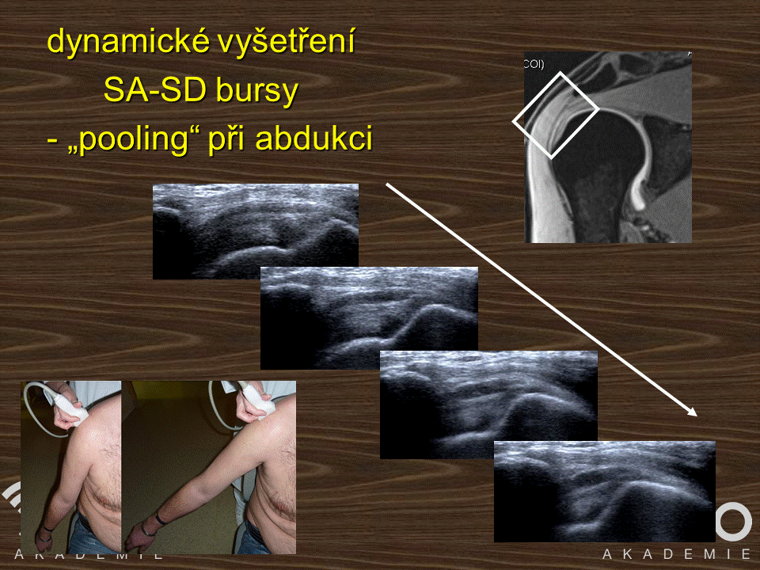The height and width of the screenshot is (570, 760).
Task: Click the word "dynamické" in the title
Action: coord(128,43)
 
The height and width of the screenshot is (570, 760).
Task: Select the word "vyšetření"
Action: coord(287,42)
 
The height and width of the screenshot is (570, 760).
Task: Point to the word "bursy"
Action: coord(256,92)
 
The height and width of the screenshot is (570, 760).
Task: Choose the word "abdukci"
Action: coord(314,138)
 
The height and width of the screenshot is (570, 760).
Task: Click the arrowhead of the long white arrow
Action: coord(692,412)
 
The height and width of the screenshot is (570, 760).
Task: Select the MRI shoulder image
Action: coord(608,147)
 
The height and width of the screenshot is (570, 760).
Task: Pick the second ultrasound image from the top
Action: coord(369,317)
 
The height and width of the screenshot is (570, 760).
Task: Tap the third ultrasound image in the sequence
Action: coord(488,405)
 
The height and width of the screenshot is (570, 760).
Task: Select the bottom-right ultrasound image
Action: coord(604,491)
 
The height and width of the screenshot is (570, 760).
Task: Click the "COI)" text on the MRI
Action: coord(534,64)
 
